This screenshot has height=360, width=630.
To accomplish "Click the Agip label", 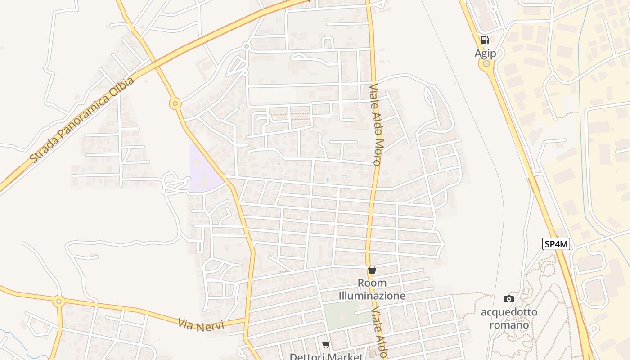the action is (x=485, y=54).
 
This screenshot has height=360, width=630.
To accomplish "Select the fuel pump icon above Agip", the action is (x=485, y=40).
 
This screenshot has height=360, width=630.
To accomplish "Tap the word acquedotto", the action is (x=509, y=312).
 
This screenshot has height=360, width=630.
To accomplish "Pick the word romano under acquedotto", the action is (x=509, y=324).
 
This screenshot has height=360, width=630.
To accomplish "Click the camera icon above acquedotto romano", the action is (x=509, y=299).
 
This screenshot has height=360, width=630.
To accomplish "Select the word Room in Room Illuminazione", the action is (x=372, y=283).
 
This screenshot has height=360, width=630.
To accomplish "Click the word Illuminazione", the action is (x=372, y=296).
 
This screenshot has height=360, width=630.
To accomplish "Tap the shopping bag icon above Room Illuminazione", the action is (x=372, y=270).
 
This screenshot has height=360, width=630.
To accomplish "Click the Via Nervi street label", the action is (x=201, y=324).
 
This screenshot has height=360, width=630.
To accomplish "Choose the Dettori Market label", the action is (x=326, y=356).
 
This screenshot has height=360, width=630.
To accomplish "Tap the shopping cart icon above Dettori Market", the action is (x=326, y=345).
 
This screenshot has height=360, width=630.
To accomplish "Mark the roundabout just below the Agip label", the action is (x=486, y=64).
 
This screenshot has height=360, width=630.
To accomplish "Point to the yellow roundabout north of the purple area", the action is (x=175, y=104).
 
